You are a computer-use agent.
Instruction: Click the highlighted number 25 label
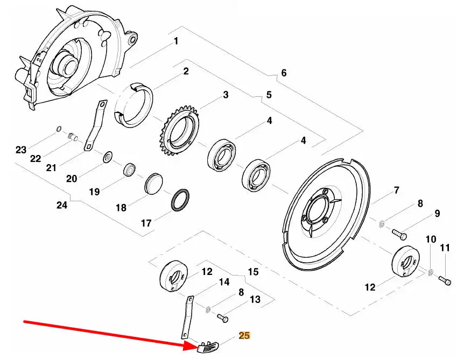point(244,336)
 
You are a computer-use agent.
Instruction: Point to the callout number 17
point(146,222)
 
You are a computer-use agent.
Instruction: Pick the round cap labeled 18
point(153,183)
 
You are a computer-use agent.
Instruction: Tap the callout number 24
point(62,205)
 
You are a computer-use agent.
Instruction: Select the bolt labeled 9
point(398,234)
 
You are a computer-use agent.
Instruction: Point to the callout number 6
point(284,73)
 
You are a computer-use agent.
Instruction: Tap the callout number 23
point(21,150)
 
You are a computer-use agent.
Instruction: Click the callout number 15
point(252,271)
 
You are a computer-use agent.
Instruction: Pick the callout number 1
point(175,41)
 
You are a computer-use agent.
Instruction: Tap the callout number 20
point(72,178)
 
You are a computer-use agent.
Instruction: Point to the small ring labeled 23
point(58,129)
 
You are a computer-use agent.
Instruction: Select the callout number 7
point(396,190)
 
